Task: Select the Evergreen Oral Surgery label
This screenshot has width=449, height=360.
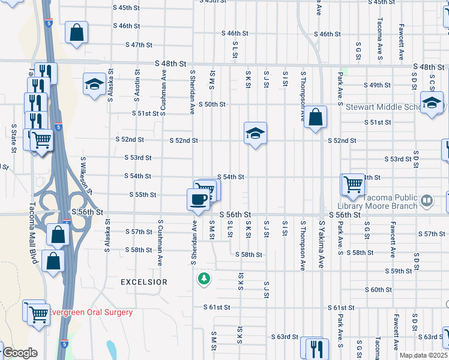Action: click(x=91, y=313)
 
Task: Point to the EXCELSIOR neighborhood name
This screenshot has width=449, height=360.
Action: click(x=144, y=281)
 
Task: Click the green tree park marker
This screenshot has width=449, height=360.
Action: click(x=205, y=279)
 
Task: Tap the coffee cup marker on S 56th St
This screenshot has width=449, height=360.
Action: click(x=198, y=199)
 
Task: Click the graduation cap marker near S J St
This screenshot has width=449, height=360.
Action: click(x=255, y=133)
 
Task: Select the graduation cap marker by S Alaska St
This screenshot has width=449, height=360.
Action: click(x=94, y=85)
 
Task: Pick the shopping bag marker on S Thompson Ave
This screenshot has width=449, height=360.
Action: click(x=316, y=117)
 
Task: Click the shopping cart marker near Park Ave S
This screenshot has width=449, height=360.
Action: click(x=352, y=185)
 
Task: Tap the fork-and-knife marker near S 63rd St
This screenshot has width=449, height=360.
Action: click(x=316, y=349)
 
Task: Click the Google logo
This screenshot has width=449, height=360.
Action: click(x=20, y=353)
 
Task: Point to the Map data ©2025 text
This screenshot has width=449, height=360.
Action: click(x=424, y=355)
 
